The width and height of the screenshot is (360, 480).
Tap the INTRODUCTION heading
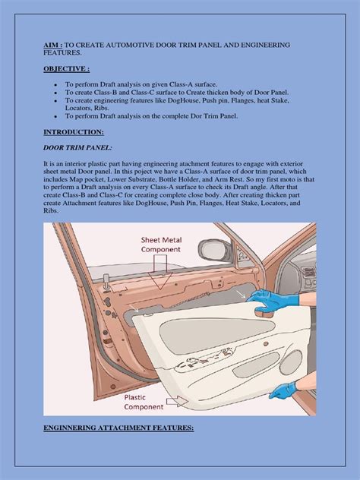(65, 131)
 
